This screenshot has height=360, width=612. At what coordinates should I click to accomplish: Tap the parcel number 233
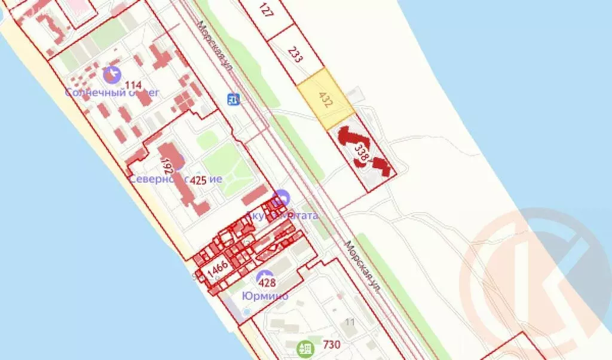295,55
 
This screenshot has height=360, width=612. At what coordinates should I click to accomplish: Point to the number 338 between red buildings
362,152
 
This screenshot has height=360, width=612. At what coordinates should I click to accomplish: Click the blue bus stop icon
234,99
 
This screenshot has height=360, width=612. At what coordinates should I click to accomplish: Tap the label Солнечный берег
112,93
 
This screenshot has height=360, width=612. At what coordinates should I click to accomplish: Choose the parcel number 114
133,86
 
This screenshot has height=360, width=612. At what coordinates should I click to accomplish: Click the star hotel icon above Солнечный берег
110,75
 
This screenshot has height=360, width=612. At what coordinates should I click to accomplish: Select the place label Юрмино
265,296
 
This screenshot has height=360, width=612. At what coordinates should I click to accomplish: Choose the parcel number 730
331,344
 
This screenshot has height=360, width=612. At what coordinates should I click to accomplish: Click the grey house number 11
350,323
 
